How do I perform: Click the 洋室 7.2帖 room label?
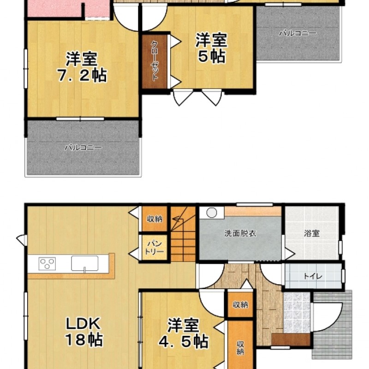coord(82,67)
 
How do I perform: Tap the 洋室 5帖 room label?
coord(211,48)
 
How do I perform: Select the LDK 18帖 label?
coord(83,332)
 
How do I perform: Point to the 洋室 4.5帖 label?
coord(184,333)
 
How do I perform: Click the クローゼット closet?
coord(155,62)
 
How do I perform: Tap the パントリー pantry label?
coord(155,248)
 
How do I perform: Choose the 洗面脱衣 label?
coord(240,233)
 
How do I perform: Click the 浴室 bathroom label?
coord(312,233)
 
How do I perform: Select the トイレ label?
coord(313,276)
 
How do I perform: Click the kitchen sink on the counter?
coord(85,263)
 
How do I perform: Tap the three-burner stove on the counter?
coord(47,263)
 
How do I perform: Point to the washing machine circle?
coord(211,212)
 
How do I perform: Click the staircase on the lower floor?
coord(183,234)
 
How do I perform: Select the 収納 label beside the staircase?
coord(155,219)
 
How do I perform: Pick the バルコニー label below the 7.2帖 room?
coord(83,148)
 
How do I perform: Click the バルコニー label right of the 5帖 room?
coord(298,33)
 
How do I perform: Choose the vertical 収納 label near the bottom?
coord(240,348)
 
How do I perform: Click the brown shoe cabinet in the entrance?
coord(291,339)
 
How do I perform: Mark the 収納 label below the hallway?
coord(240,305)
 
